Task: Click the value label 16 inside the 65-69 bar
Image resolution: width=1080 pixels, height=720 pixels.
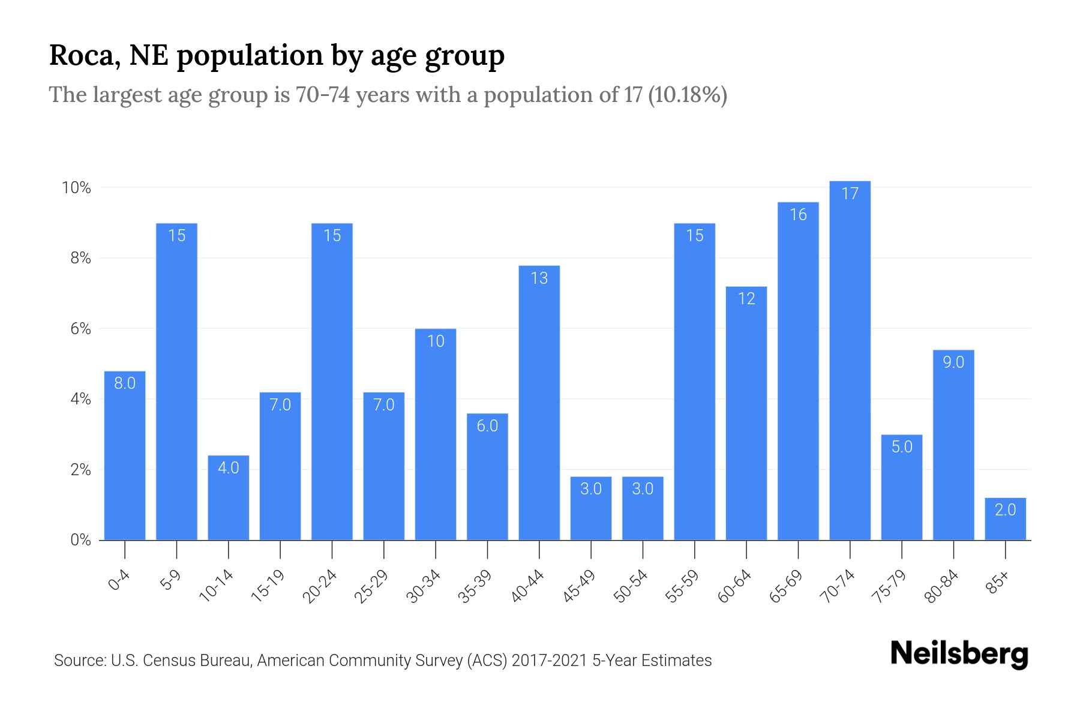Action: [x=798, y=215]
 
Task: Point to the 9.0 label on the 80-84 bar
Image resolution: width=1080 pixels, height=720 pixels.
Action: [x=953, y=362]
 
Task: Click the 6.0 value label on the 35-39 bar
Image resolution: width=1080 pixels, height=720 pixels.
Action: [x=487, y=426]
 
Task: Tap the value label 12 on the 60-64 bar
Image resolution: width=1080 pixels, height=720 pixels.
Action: [x=746, y=299]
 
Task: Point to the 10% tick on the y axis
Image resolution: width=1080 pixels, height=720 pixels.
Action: [x=76, y=188]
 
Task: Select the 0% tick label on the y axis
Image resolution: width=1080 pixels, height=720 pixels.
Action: [x=80, y=540]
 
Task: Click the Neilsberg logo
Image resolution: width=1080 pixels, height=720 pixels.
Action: [x=959, y=654]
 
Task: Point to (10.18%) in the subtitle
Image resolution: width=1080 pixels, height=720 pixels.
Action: [x=688, y=95]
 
